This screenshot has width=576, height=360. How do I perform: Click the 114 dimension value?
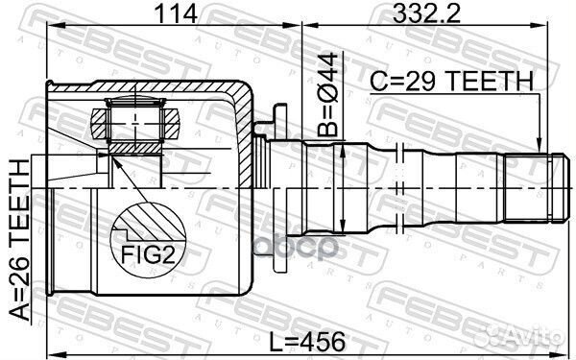coord(176,13)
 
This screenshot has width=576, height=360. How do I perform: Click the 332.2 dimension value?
coord(426,13)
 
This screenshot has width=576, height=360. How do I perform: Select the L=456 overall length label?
coord(307,342)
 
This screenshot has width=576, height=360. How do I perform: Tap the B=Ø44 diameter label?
coord(327,94)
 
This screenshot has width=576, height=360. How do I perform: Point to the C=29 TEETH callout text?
coord(451,81)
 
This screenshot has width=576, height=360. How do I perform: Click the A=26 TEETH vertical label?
coord(19,240)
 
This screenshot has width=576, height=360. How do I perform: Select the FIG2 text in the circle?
coord(148,254)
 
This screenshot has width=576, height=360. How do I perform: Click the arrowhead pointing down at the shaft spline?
coord(539,146)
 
